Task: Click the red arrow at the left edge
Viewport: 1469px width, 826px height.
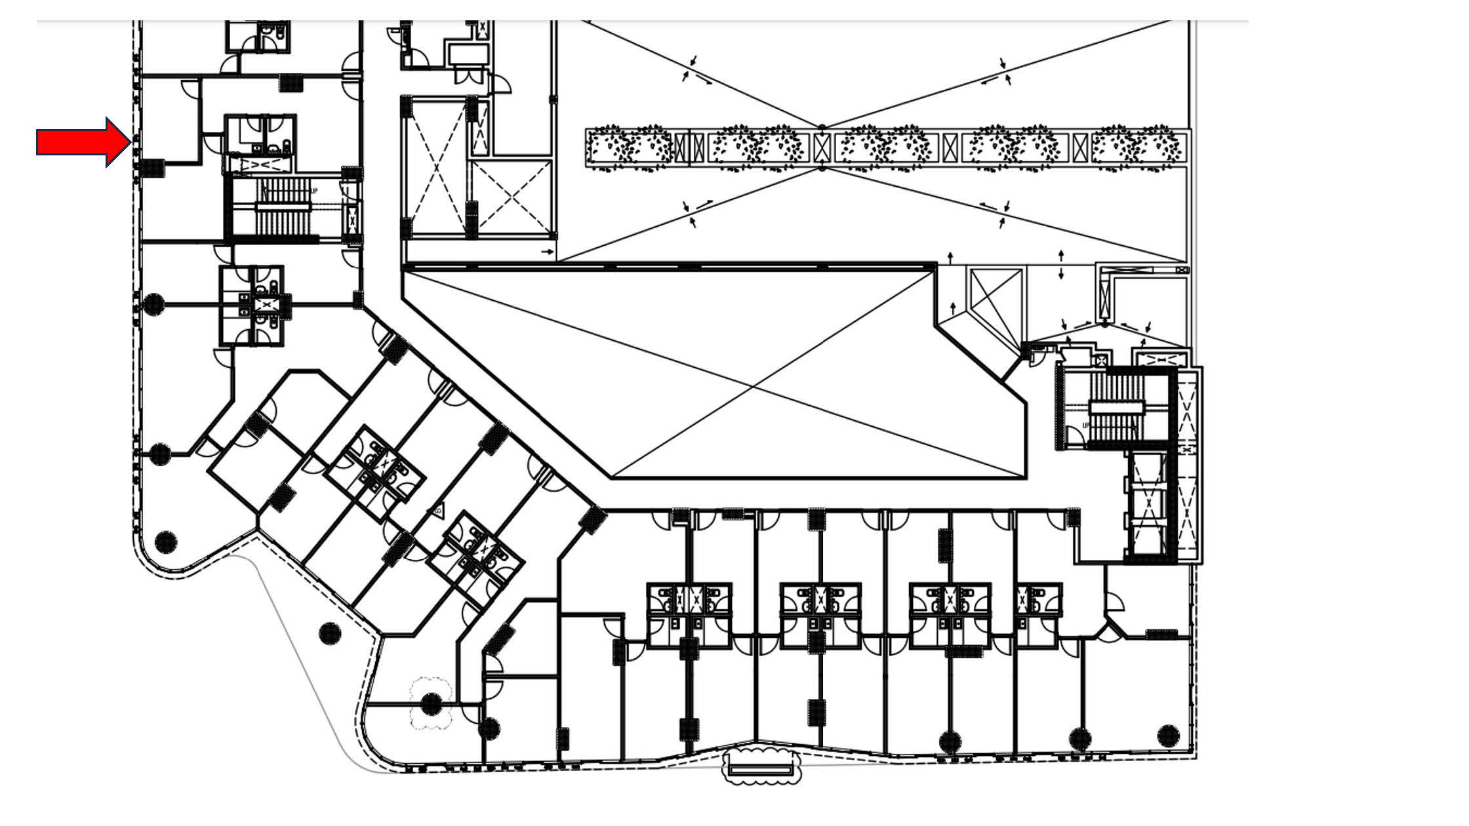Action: [x=82, y=142]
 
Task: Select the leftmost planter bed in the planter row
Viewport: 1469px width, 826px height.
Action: [x=630, y=147]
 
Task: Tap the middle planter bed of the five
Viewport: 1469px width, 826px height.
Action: [x=885, y=147]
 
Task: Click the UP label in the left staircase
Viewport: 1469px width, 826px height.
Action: [x=314, y=191]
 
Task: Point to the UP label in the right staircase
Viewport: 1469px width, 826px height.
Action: [x=1086, y=425]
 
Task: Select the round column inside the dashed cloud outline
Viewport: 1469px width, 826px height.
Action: [x=431, y=704]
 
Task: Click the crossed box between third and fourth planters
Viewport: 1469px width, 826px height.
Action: [x=950, y=147]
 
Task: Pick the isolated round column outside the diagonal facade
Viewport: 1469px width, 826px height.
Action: [x=330, y=633]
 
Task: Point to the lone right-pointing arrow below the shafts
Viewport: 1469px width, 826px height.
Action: [x=546, y=251]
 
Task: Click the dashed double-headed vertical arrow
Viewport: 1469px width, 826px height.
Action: [x=1060, y=265]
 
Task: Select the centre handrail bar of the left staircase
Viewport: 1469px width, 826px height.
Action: [x=283, y=206]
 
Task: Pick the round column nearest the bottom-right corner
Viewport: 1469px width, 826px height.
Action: [x=1169, y=734]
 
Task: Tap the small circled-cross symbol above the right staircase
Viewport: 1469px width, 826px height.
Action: [x=1102, y=360]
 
